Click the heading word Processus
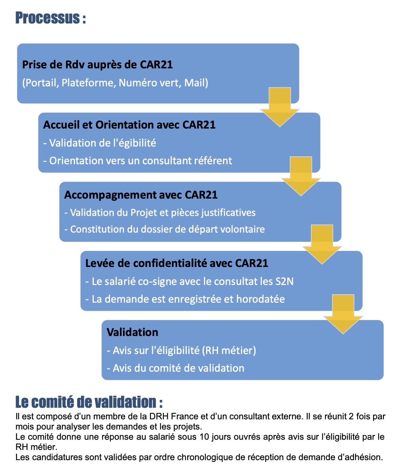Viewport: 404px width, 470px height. click(x=47, y=18)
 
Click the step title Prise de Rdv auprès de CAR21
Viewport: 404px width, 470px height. click(x=97, y=65)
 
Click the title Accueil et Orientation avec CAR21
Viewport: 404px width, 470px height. click(x=129, y=125)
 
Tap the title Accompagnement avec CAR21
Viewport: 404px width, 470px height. click(x=141, y=195)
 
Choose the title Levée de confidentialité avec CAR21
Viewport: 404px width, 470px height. click(x=177, y=263)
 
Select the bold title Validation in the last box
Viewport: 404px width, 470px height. click(x=133, y=332)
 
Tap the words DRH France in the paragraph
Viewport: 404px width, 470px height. click(x=177, y=416)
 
